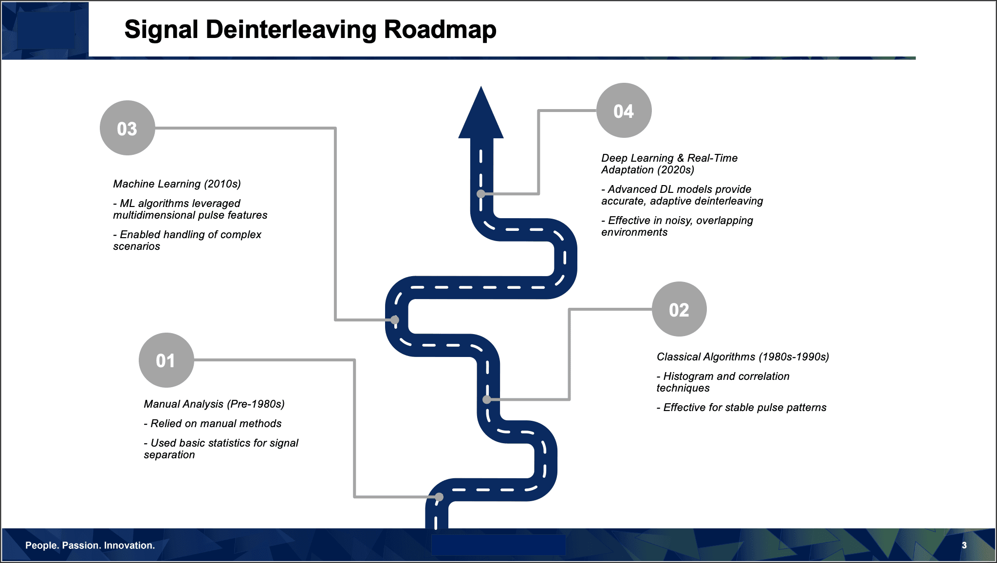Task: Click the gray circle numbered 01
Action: coord(166,360)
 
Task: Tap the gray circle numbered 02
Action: coord(679,309)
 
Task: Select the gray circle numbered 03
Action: coord(127,128)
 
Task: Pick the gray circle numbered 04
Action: coord(624,111)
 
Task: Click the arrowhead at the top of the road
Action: coord(481,115)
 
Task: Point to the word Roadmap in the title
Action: coord(440,30)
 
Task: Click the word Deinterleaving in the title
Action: coord(291,30)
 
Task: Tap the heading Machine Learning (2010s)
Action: coord(177,184)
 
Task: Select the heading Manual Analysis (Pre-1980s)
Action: coord(214,404)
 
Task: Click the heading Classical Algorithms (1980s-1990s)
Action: coord(742,357)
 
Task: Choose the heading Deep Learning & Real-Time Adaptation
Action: coord(669,164)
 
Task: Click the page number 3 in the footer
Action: coord(964,545)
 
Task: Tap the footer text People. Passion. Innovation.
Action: coord(90,545)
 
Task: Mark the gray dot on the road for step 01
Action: coord(439,497)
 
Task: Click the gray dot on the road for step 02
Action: coord(487,399)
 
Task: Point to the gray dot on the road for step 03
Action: coord(395,320)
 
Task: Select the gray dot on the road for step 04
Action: coord(481,194)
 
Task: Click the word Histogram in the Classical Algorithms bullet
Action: coord(687,376)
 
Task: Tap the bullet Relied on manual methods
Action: coord(213,424)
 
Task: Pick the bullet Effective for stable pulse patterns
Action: coord(741,408)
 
